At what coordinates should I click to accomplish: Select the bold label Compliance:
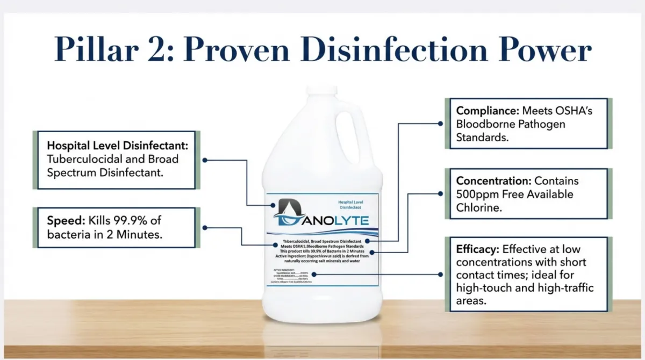(486, 111)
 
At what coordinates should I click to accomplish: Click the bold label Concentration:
(493, 181)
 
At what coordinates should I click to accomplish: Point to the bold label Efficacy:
(478, 250)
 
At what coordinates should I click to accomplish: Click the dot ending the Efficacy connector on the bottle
(314, 275)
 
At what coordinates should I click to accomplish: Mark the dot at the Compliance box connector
(440, 123)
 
